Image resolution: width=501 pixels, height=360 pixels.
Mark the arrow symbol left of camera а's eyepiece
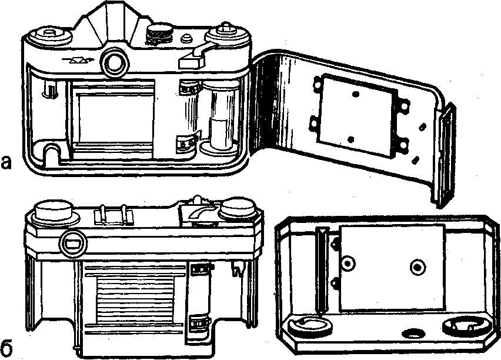click(x=75, y=61)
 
